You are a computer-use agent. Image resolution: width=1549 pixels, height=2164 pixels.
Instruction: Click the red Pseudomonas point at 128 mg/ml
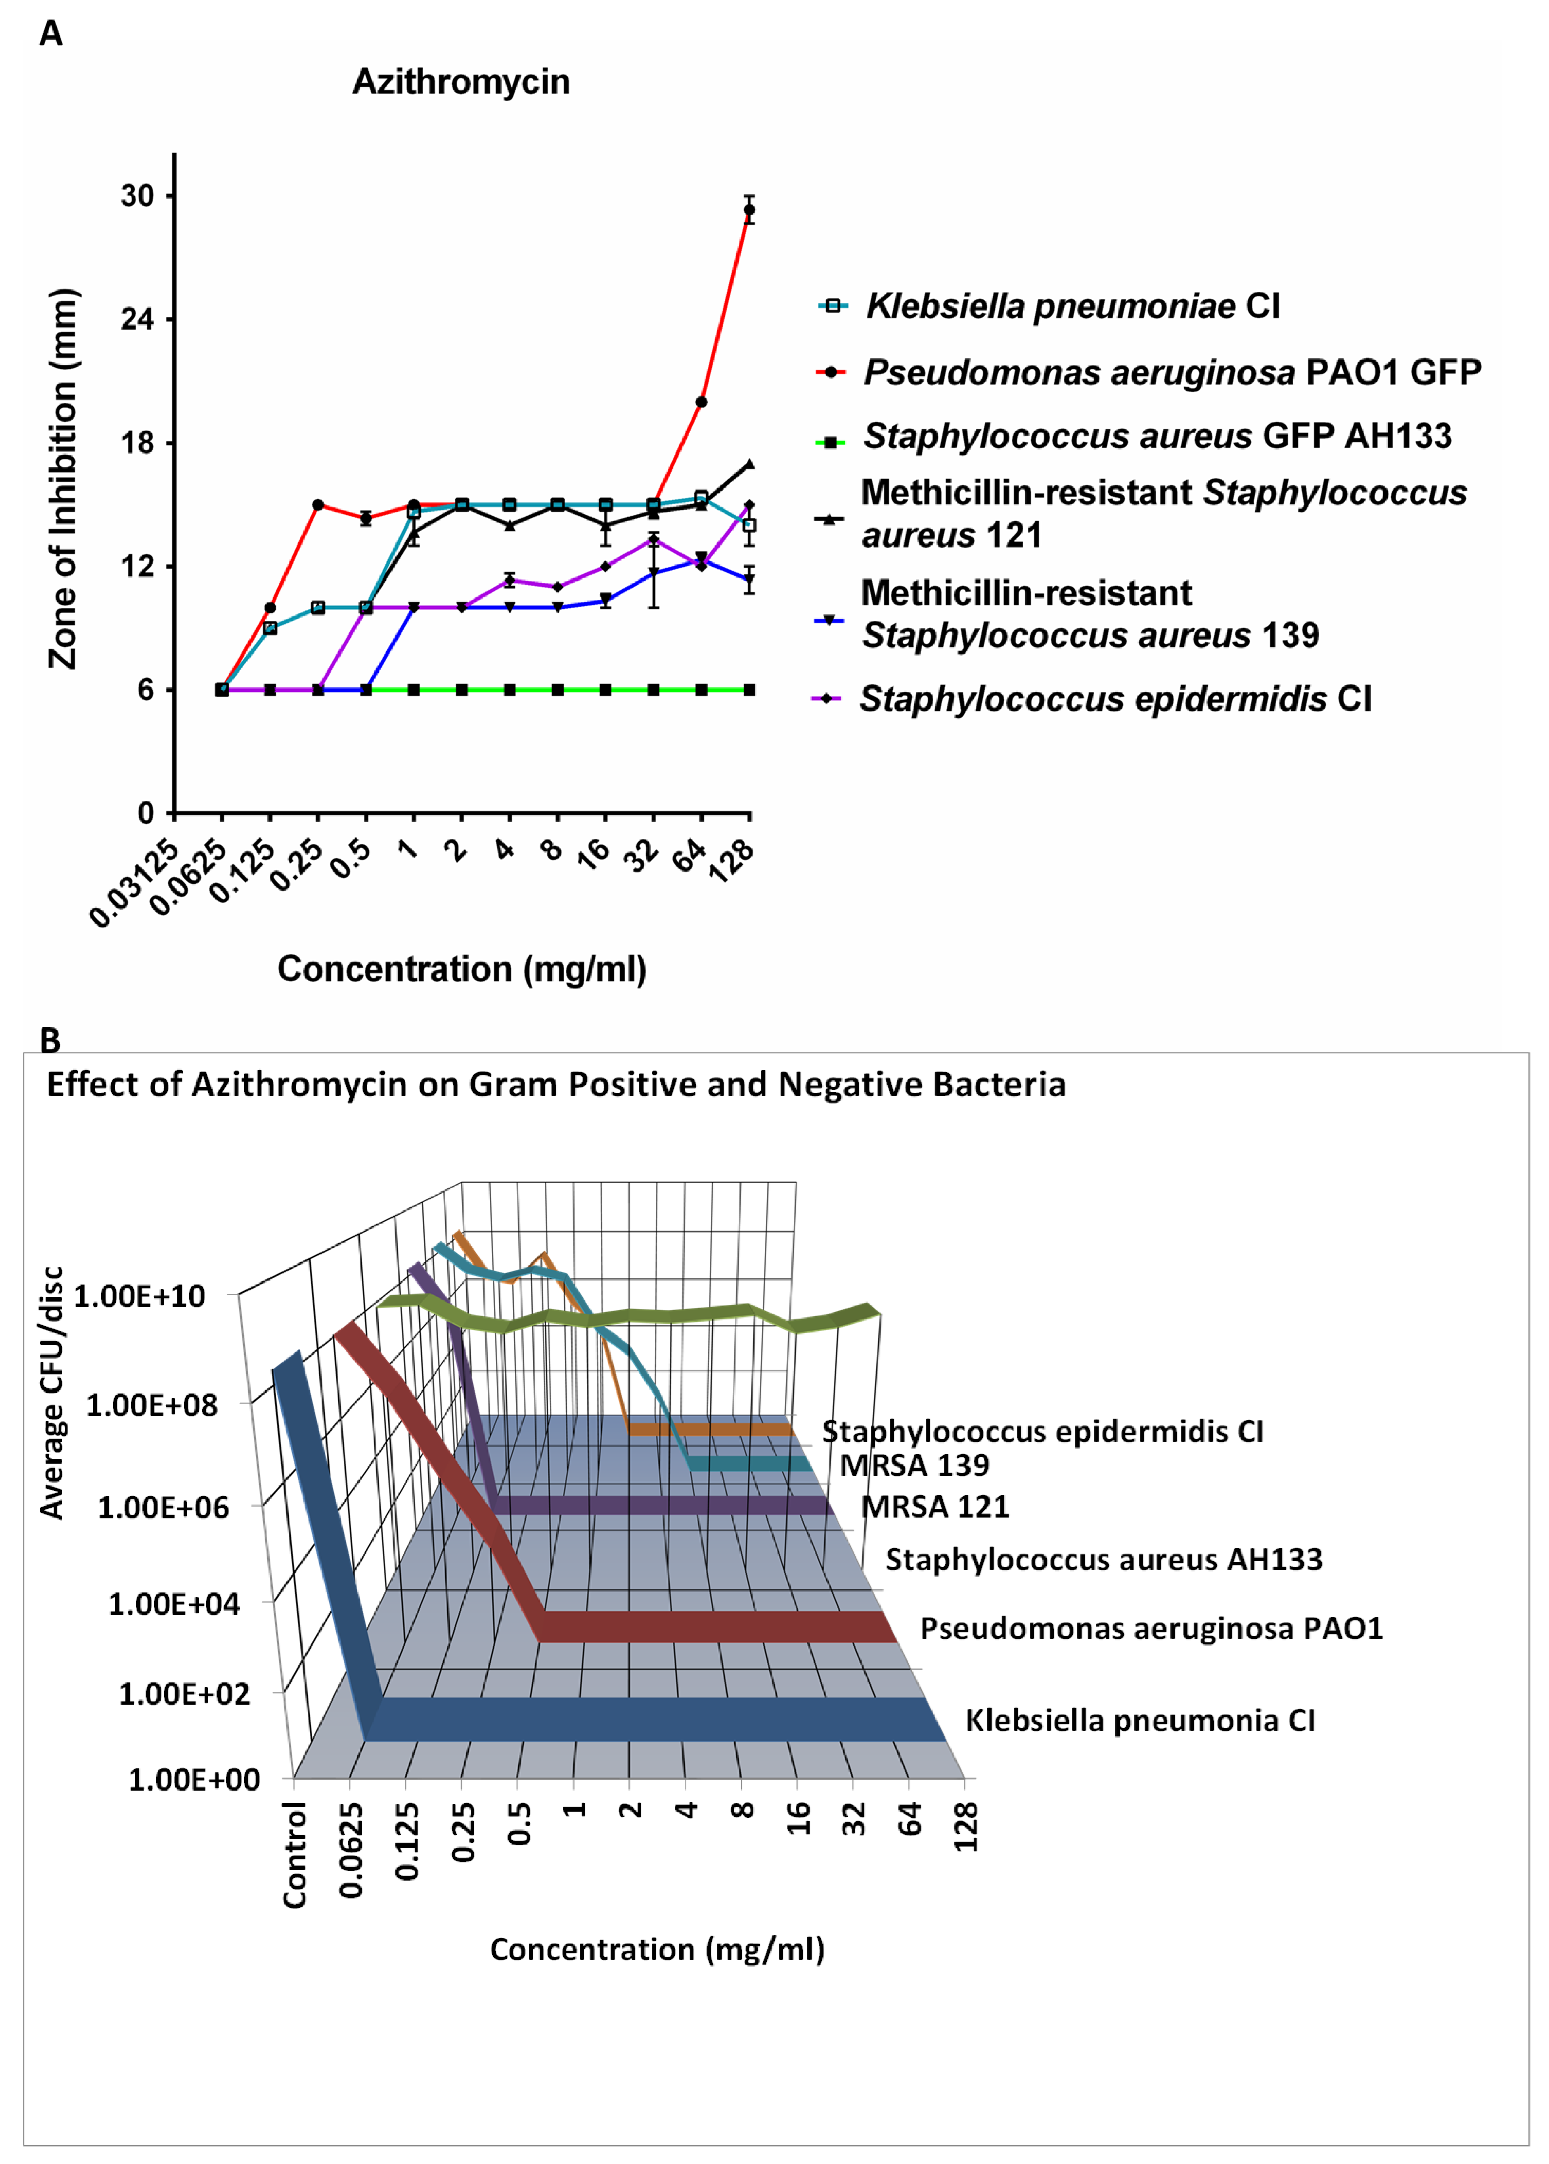pyautogui.click(x=750, y=210)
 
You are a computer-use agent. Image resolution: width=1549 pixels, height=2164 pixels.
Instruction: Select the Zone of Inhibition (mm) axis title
pyautogui.click(x=63, y=479)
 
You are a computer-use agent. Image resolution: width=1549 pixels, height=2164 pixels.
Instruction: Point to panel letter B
pyautogui.click(x=49, y=1040)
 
